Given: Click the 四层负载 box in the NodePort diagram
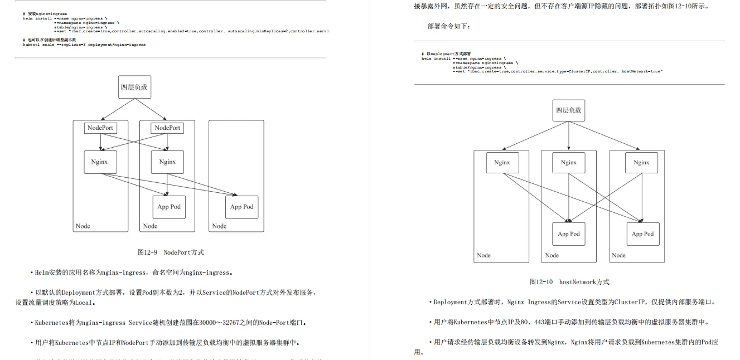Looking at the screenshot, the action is point(134,87).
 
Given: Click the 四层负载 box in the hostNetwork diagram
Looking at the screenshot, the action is point(568,110).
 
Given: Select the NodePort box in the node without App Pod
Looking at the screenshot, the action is point(100,128).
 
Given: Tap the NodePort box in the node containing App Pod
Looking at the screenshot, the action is point(167,128).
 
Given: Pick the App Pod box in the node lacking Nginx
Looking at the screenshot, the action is point(241,207).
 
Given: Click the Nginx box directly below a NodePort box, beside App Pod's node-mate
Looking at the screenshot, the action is point(167,162).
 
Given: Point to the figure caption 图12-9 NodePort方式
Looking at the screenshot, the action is point(171,252).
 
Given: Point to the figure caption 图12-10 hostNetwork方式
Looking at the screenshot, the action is point(569,282).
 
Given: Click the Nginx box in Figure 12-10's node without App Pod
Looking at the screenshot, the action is point(502,163).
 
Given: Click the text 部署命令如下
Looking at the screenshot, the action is point(449,26).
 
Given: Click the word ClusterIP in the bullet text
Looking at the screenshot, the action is point(630,302).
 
